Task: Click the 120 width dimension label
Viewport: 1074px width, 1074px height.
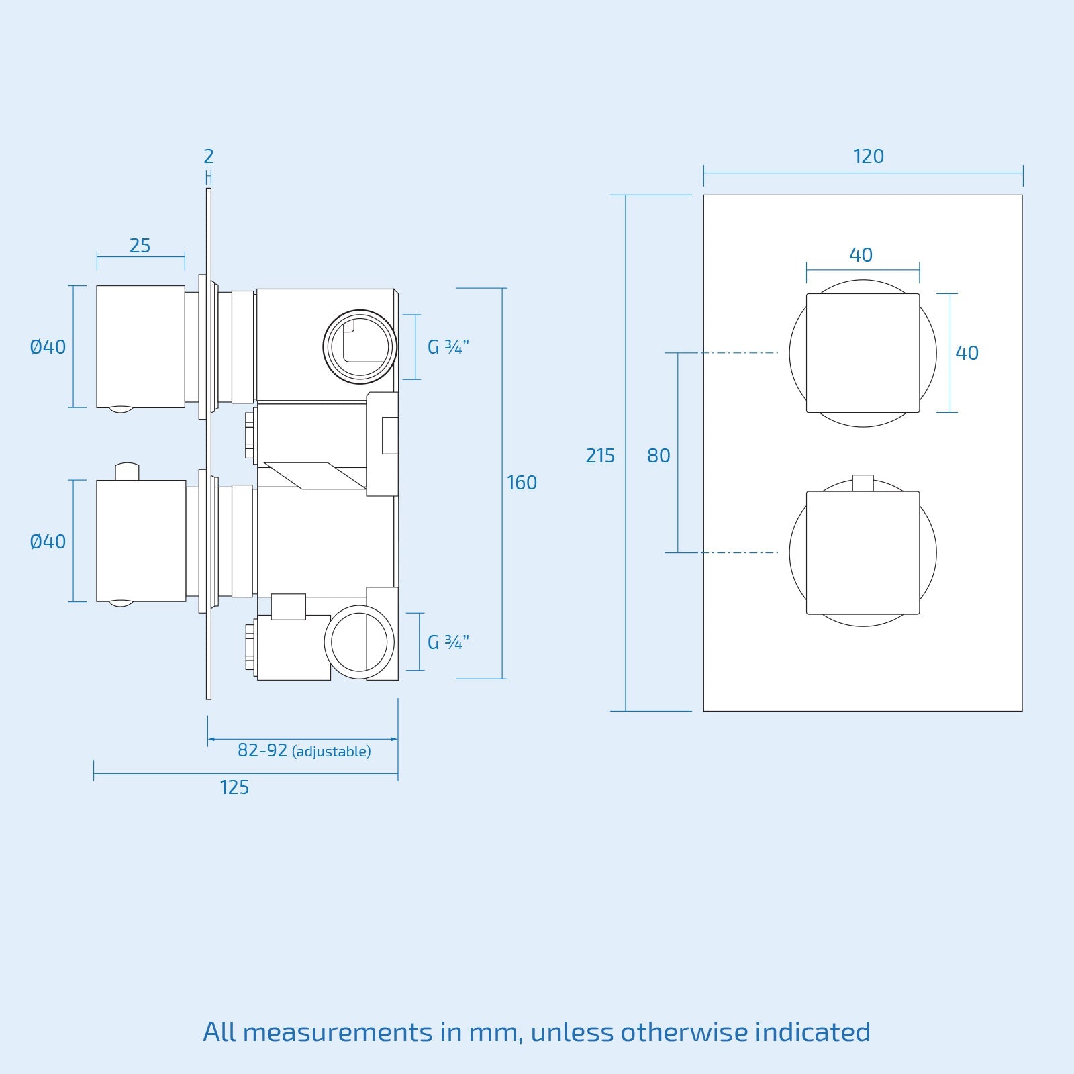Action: (x=868, y=156)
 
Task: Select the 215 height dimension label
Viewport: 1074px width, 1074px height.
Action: (x=599, y=456)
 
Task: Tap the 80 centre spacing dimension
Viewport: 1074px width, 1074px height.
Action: (x=658, y=456)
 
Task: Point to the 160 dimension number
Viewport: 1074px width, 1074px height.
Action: (x=522, y=483)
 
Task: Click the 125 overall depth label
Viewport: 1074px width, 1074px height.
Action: (x=234, y=787)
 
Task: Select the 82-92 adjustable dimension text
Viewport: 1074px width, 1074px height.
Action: (x=303, y=750)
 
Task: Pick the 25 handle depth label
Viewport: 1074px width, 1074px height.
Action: (x=140, y=246)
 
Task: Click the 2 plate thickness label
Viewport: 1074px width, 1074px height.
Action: (x=208, y=156)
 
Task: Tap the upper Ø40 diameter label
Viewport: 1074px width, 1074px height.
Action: (x=48, y=347)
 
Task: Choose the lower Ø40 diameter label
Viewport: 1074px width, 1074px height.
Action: (x=48, y=542)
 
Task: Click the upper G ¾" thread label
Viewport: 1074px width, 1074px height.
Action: (x=448, y=347)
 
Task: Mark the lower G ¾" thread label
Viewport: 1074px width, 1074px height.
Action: (x=448, y=642)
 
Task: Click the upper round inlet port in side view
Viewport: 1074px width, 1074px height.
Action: (x=360, y=347)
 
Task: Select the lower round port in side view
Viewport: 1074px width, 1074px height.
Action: (x=359, y=642)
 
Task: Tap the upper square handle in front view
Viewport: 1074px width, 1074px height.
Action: (x=863, y=353)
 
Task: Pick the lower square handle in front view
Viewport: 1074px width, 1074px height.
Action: (x=863, y=552)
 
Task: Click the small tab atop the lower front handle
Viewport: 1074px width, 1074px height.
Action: (x=863, y=483)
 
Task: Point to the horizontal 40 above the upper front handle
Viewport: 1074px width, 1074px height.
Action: (x=861, y=255)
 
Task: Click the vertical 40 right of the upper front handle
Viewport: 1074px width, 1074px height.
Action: (x=967, y=353)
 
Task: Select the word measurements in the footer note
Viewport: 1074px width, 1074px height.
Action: (x=338, y=1032)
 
